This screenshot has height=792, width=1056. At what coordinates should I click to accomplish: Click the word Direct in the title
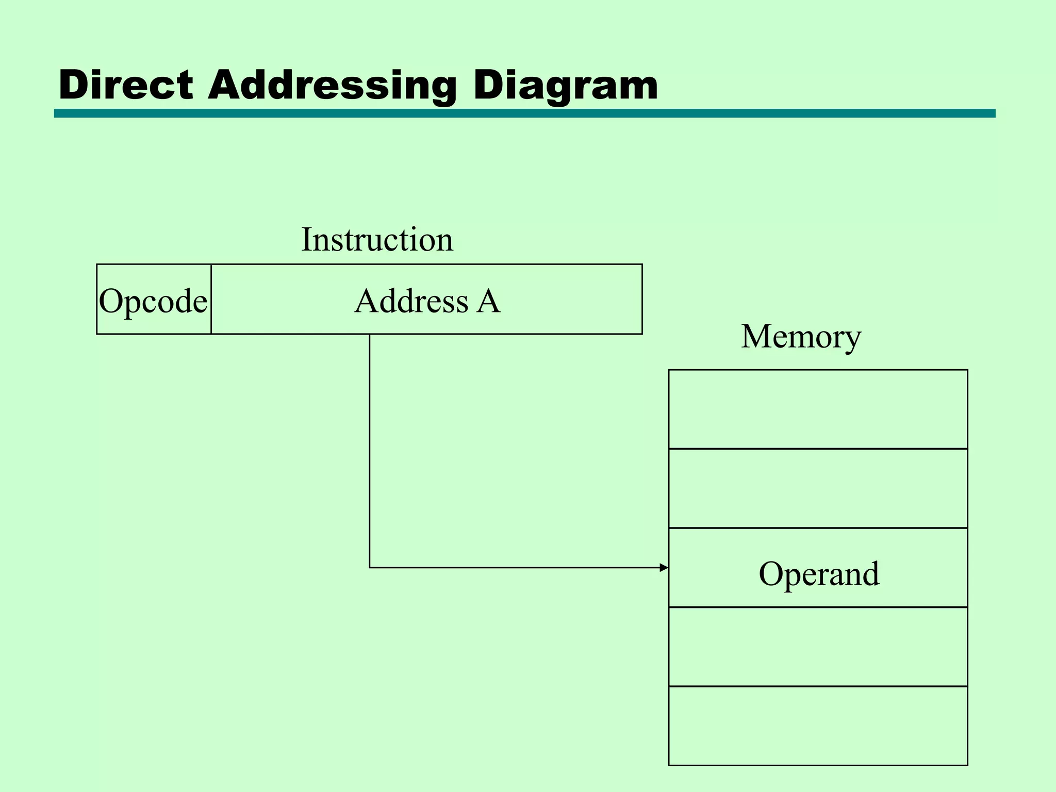[126, 85]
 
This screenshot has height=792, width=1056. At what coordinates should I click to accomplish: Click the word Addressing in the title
[332, 85]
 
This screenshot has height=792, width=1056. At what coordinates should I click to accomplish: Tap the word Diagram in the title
[565, 85]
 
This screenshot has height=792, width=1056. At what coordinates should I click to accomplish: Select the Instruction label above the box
[377, 239]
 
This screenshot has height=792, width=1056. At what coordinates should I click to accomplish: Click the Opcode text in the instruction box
[153, 301]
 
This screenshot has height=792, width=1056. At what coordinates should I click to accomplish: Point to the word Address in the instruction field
[411, 301]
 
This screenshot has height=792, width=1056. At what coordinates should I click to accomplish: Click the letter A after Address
[488, 301]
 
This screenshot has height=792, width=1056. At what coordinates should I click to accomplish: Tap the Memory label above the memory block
[801, 336]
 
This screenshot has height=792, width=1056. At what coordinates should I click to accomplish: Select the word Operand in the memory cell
[819, 573]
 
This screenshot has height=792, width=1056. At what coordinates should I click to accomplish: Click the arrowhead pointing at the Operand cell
[664, 568]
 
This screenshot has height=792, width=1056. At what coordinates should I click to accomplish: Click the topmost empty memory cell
[818, 409]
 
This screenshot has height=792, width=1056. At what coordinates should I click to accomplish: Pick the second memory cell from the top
[818, 488]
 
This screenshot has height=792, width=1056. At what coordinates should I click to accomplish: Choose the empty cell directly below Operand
[818, 647]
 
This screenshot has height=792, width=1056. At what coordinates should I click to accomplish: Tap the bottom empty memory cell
[818, 725]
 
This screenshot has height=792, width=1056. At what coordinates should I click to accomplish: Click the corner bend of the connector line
[370, 568]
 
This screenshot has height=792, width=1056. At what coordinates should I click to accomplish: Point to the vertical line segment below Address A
[370, 449]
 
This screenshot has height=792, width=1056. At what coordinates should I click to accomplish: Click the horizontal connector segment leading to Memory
[516, 568]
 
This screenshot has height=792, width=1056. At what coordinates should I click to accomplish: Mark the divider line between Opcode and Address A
[211, 299]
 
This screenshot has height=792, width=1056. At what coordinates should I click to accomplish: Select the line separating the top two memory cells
[818, 449]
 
